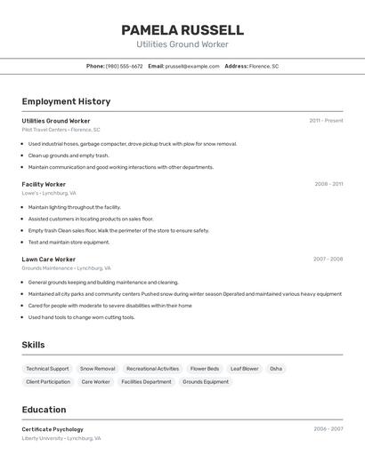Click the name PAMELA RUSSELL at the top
point(182,30)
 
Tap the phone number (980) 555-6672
point(124,66)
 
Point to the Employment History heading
point(66,101)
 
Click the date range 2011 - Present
point(326,121)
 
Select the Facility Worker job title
point(44,184)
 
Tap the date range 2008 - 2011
point(328,184)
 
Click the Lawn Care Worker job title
point(48,259)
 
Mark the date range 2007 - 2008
point(328,259)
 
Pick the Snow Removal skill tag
point(97,368)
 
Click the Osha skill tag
point(276,368)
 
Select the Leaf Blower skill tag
point(244,368)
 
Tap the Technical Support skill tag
point(47,368)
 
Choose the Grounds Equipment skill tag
point(206,381)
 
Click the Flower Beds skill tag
point(205,368)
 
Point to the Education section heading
point(44,410)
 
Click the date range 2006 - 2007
point(328,429)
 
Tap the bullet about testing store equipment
point(69,242)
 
